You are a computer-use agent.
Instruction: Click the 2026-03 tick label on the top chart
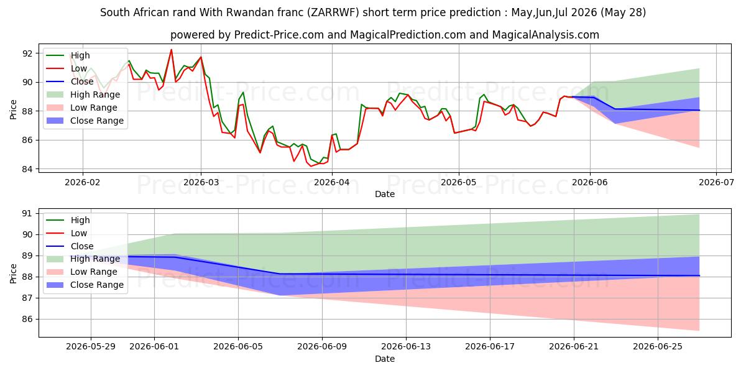201,183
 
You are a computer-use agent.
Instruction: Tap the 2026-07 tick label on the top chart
716,183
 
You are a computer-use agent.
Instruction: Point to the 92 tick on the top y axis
27,53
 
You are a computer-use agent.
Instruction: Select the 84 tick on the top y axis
27,169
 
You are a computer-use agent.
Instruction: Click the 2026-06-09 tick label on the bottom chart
322,347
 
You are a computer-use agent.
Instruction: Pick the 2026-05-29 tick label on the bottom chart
91,347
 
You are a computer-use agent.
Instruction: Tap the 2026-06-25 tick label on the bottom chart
658,347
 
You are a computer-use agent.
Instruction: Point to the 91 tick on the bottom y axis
27,213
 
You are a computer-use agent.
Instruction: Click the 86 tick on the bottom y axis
27,319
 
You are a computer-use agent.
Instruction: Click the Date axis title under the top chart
385,194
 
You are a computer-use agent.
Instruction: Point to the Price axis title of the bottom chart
13,274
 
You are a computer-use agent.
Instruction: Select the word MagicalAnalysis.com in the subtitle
545,35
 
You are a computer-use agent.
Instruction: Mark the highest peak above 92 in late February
171,50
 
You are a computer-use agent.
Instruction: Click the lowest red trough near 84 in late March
311,166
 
